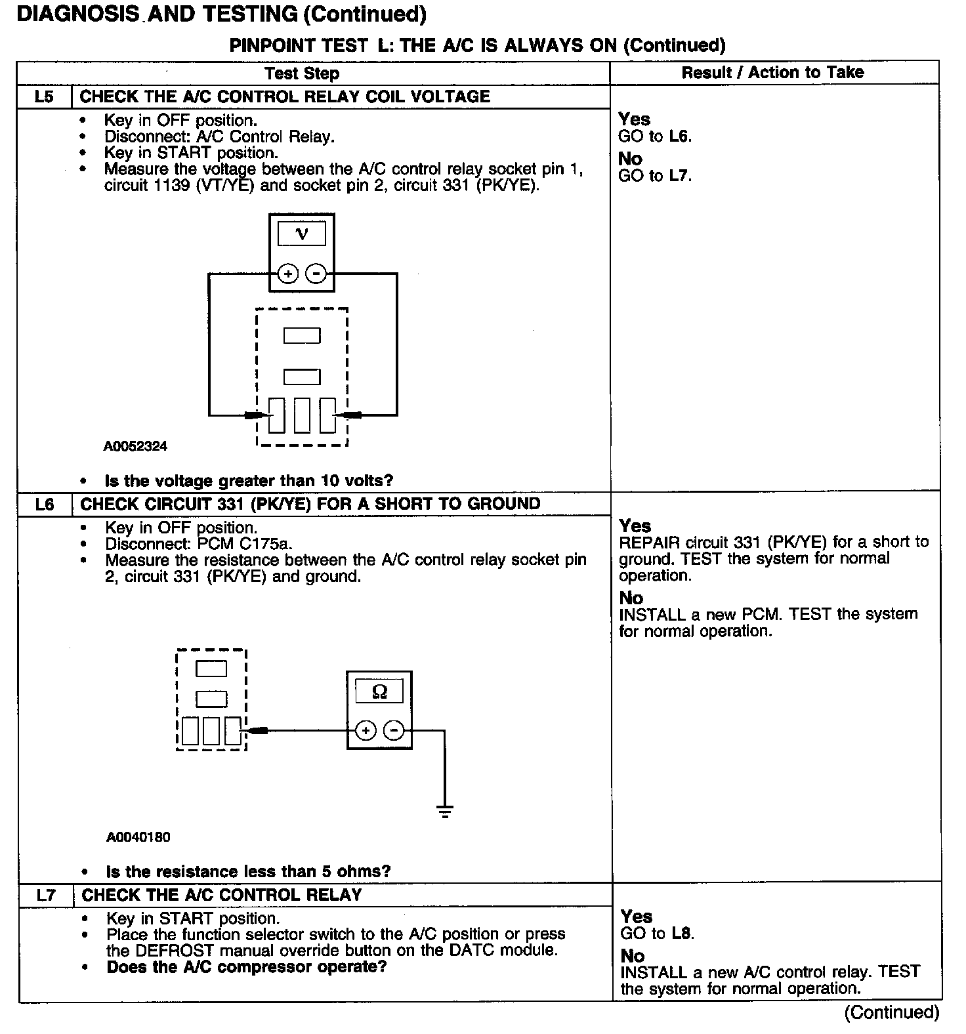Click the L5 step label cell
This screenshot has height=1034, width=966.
[44, 97]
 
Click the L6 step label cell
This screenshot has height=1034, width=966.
[45, 505]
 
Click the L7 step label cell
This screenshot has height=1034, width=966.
[45, 895]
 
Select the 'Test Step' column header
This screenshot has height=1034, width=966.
[302, 73]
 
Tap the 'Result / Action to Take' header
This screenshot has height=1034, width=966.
[772, 73]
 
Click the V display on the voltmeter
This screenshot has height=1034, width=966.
[302, 234]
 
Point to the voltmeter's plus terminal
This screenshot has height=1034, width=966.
[287, 273]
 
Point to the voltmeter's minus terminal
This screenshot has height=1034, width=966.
[316, 273]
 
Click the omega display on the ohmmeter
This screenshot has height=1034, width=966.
[379, 692]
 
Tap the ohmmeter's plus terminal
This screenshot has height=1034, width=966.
[366, 730]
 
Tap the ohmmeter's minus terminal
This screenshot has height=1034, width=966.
[394, 730]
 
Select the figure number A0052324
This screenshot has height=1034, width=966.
[135, 446]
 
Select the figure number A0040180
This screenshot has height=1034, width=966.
[138, 837]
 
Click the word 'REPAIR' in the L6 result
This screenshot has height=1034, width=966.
[649, 543]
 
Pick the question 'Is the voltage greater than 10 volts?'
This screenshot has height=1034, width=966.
[249, 481]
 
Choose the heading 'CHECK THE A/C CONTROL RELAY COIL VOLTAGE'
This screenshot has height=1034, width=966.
[285, 97]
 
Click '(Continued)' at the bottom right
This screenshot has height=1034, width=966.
[892, 1012]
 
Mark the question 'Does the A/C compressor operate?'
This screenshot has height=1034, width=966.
[246, 967]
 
